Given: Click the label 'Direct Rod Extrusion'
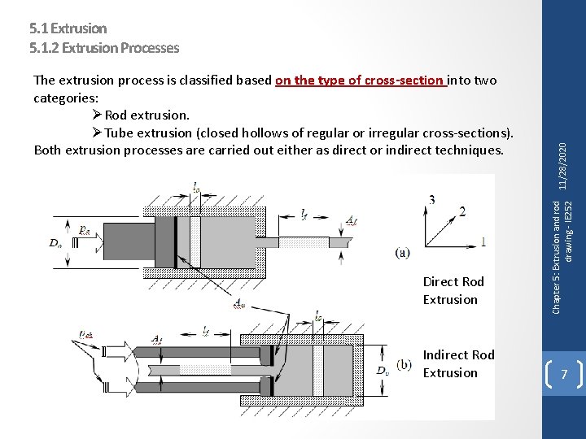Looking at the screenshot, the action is [454, 290].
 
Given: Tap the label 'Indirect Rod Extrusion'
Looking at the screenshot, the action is [458, 363].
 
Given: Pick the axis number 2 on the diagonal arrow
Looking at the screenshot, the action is [462, 212].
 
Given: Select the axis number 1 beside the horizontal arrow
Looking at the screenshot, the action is [484, 241].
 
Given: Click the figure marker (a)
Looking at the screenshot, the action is [402, 253].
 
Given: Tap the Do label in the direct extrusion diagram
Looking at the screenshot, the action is [55, 242].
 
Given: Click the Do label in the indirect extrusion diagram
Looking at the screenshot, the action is [382, 371].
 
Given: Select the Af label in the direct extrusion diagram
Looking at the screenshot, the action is [352, 221].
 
